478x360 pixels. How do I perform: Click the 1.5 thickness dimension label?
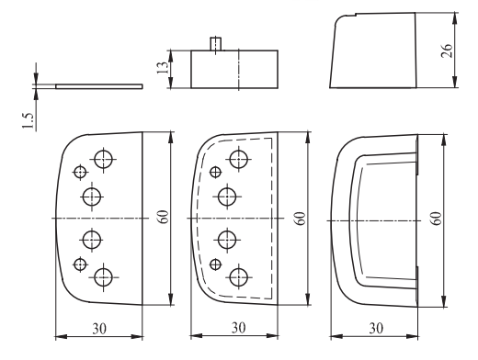click(x=28, y=120)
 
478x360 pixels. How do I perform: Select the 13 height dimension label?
click(x=163, y=67)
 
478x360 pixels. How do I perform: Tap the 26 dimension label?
click(x=447, y=51)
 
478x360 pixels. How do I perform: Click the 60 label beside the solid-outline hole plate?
click(x=164, y=217)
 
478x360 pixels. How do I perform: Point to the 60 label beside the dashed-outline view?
click(x=301, y=219)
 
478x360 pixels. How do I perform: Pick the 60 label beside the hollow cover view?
click(x=437, y=219)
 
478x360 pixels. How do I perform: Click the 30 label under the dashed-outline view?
click(x=238, y=328)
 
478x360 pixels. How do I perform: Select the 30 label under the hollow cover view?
click(x=376, y=329)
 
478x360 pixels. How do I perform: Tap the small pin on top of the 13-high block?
click(x=216, y=44)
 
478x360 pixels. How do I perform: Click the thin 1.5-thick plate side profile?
click(x=99, y=86)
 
